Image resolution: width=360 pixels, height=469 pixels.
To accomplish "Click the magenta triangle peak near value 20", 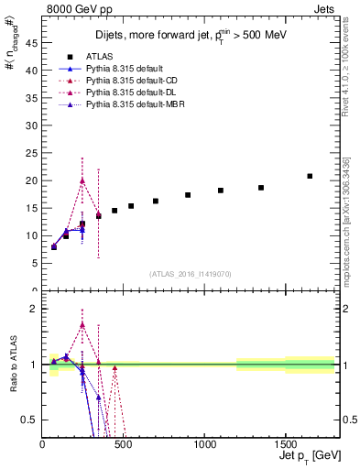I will [x=82, y=180].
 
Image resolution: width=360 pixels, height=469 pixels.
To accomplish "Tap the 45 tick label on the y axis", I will [x=32, y=42].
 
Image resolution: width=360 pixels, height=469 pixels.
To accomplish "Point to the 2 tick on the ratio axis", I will [x=35, y=309].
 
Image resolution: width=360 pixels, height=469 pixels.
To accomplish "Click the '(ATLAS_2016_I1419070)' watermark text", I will [x=191, y=273].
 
